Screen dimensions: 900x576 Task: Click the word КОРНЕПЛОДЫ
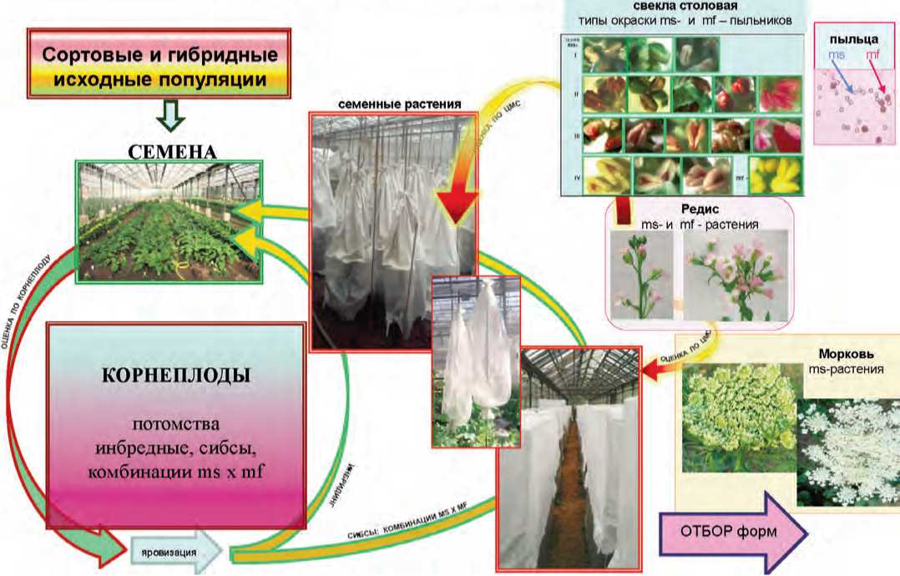tap(174, 375)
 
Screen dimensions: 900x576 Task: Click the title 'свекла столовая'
tap(678, 8)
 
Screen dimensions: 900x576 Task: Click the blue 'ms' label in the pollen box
tap(836, 54)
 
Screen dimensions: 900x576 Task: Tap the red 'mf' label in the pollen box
tap(872, 54)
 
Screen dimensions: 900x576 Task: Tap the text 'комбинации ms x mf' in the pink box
tap(175, 473)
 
